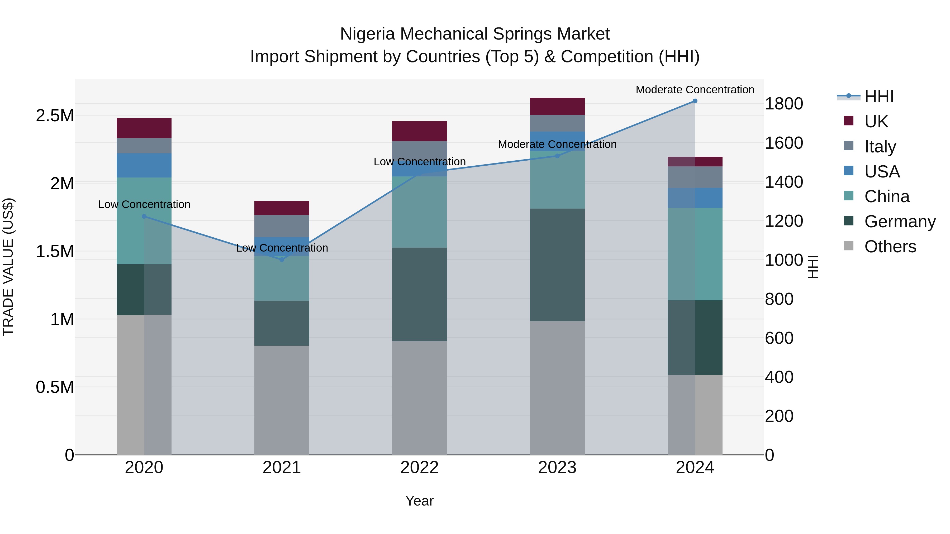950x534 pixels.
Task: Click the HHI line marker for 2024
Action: pyautogui.click(x=695, y=101)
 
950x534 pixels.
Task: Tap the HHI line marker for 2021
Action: pyautogui.click(x=282, y=259)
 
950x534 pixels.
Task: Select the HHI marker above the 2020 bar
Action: pyautogui.click(x=144, y=216)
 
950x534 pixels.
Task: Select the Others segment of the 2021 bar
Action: pyautogui.click(x=282, y=400)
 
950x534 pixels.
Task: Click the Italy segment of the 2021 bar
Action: pyautogui.click(x=282, y=226)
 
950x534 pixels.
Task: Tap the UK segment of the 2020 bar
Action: pyautogui.click(x=144, y=128)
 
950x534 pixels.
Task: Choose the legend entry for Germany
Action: pyautogui.click(x=900, y=222)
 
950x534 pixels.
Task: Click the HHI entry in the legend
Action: pyautogui.click(x=879, y=97)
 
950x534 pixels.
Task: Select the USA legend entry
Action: pyautogui.click(x=882, y=172)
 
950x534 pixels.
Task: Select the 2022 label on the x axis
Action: pyautogui.click(x=419, y=468)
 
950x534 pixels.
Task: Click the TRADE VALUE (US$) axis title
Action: pyautogui.click(x=8, y=267)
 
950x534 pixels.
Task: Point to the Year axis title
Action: pyautogui.click(x=419, y=501)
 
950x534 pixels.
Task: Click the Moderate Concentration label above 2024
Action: pyautogui.click(x=695, y=90)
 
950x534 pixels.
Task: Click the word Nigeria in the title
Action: pyautogui.click(x=367, y=34)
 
